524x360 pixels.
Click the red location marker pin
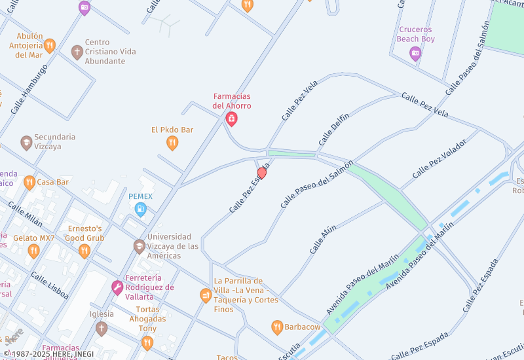coord(262,173)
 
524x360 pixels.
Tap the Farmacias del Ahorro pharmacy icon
coord(231,118)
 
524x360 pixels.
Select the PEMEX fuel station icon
coord(140,209)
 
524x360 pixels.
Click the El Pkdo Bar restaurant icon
coord(172,143)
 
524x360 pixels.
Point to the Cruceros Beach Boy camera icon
coord(415,54)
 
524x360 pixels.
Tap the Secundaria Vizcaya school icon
coord(26,142)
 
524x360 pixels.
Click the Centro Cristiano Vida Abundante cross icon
coord(77,52)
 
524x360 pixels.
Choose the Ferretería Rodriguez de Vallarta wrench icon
coord(117,287)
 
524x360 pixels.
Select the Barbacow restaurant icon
coord(277,327)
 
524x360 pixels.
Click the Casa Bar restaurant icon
coord(29,182)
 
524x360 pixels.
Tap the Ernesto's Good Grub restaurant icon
coord(84,251)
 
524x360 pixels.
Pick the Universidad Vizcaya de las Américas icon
coord(139,246)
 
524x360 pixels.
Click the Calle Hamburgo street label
coord(29,89)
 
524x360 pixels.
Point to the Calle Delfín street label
coord(334,130)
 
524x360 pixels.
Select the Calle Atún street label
coord(323,239)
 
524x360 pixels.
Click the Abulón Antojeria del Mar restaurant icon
coord(49,45)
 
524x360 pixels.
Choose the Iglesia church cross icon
coord(101,328)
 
